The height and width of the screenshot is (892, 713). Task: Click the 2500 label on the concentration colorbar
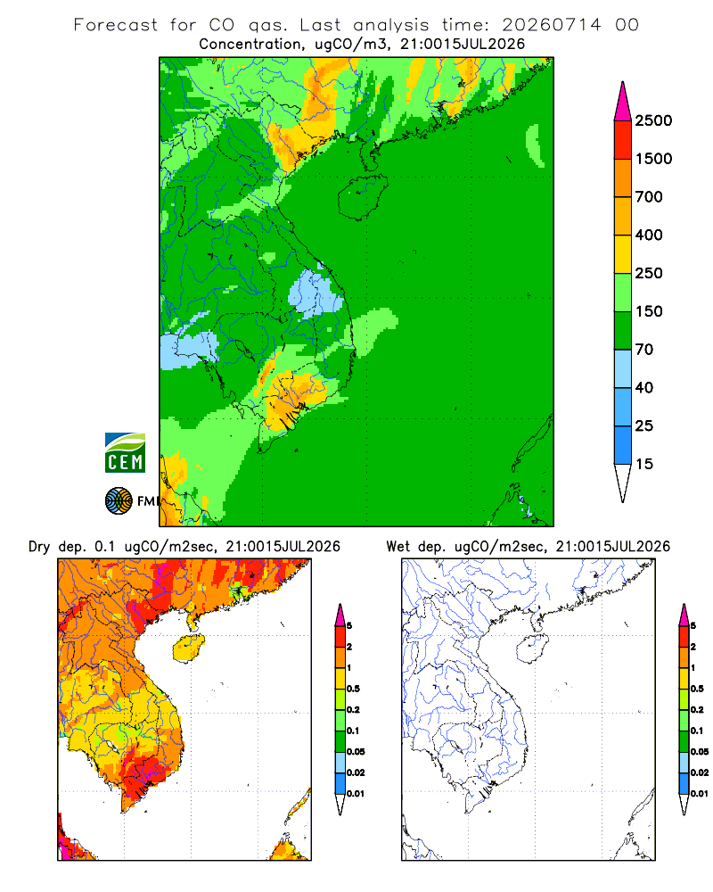[653, 120]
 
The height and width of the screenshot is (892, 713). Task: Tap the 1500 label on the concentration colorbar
[653, 159]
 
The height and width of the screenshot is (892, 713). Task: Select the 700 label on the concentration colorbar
[649, 197]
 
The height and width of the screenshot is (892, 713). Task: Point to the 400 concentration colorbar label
[649, 235]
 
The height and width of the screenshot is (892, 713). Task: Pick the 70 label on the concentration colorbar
[644, 350]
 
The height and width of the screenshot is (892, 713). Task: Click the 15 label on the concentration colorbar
[644, 464]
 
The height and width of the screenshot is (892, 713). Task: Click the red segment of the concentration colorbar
[623, 139]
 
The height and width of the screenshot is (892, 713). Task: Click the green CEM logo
[125, 453]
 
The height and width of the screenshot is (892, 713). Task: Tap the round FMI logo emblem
[119, 501]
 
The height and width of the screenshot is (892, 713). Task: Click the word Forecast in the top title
[116, 25]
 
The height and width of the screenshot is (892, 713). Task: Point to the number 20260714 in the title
[551, 25]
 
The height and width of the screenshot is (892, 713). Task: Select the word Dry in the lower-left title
[39, 547]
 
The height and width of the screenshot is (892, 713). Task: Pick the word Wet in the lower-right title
[398, 547]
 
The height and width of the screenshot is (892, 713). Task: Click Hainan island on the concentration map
[362, 197]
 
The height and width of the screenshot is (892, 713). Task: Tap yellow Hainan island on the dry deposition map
[188, 648]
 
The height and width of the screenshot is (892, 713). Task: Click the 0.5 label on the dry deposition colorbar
[353, 689]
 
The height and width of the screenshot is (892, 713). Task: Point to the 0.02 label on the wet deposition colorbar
[700, 772]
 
